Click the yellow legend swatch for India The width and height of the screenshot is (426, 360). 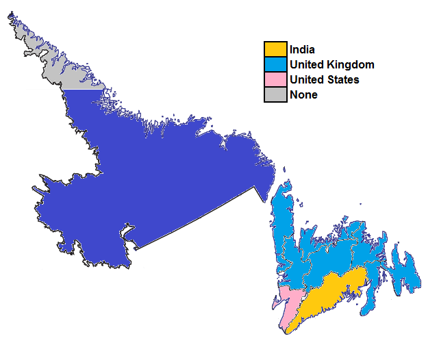(x=275, y=49)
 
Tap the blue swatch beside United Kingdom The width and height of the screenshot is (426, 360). (x=275, y=65)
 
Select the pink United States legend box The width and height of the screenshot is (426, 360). (x=275, y=80)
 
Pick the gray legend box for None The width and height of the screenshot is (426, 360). (x=275, y=95)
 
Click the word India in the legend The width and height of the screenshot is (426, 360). (x=302, y=49)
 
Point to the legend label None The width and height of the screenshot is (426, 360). (x=303, y=95)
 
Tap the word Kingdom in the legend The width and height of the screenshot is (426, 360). (x=352, y=65)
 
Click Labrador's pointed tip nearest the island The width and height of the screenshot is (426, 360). (x=264, y=201)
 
